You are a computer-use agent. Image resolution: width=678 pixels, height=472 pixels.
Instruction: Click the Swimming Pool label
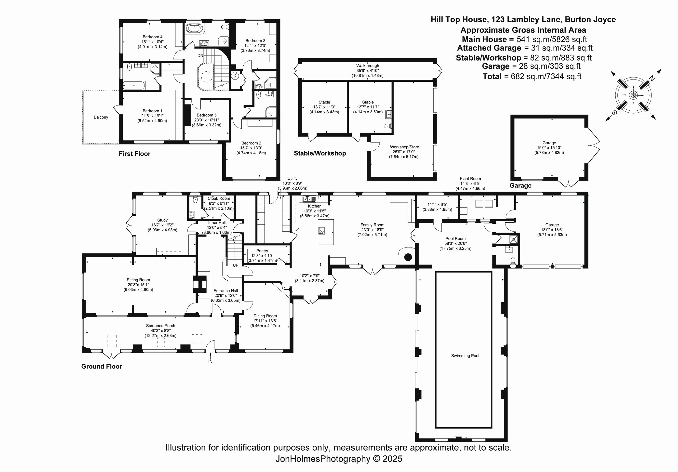(465, 356)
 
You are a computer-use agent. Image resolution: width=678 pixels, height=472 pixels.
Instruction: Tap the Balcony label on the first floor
(101, 117)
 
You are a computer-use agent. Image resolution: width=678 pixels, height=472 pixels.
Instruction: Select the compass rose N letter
(650, 78)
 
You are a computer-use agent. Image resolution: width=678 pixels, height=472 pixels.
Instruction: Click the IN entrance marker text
(210, 361)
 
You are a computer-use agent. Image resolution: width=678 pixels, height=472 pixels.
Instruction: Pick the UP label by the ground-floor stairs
(235, 265)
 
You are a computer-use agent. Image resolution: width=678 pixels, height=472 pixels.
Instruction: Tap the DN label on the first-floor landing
(200, 55)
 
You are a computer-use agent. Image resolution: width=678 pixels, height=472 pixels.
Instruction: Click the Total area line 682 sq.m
(532, 77)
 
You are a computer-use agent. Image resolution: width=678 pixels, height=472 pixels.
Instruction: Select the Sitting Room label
(138, 280)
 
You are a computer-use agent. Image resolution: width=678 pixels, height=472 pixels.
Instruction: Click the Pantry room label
(262, 251)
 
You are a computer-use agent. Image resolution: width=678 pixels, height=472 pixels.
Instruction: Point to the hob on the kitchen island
(321, 231)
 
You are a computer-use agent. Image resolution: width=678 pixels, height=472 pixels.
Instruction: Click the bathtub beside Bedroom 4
(195, 28)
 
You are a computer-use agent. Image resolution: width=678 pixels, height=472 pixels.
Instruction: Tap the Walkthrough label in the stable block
(367, 66)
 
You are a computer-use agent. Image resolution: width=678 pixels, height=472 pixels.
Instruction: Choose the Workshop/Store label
(404, 147)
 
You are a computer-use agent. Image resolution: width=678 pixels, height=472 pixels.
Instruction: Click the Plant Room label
(470, 179)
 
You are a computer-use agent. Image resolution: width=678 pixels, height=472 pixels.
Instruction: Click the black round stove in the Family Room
(408, 257)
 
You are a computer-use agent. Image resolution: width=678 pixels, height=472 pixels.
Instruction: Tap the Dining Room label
(265, 316)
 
